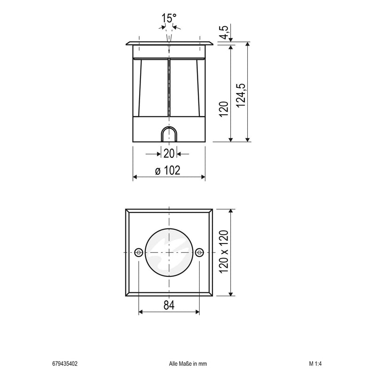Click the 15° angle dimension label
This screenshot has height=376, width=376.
(169, 18)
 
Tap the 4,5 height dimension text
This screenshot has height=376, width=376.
(225, 32)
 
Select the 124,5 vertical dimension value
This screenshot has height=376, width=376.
(241, 95)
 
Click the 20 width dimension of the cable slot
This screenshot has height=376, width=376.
(169, 154)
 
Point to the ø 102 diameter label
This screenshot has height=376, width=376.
(168, 170)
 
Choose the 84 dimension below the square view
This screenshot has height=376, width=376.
(169, 305)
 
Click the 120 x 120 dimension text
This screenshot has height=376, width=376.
(224, 251)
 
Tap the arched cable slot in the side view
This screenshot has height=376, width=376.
(169, 134)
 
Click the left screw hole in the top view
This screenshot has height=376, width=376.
(139, 252)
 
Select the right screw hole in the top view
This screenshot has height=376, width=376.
(199, 252)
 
